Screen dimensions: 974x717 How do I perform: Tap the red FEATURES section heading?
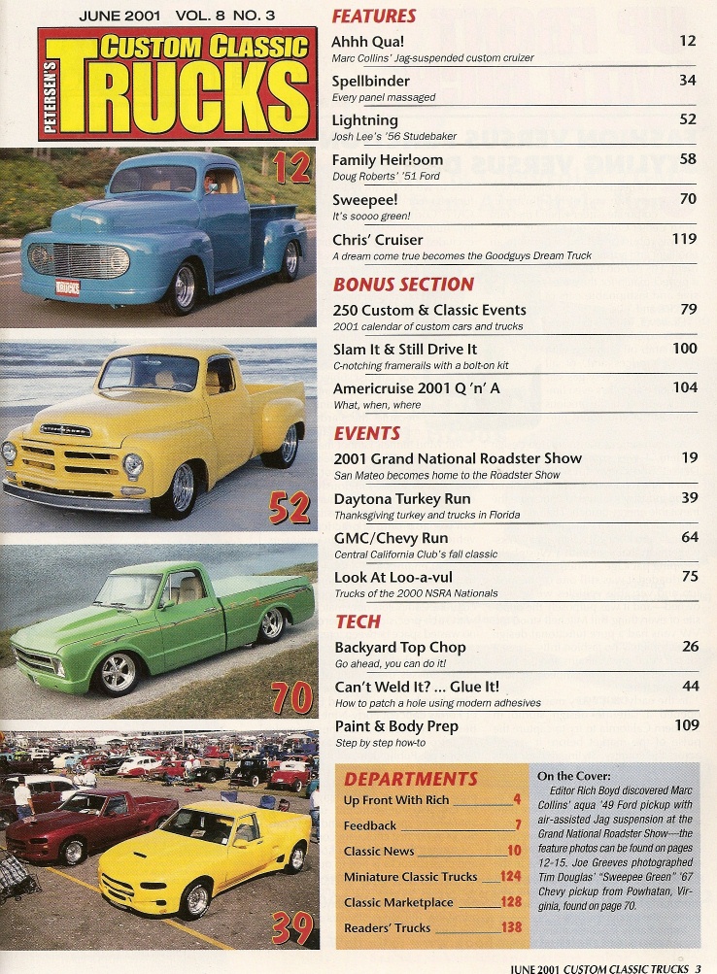(374, 17)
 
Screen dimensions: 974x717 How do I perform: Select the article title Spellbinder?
(371, 81)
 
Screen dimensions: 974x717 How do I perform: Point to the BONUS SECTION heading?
(403, 285)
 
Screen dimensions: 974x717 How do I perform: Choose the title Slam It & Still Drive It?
(405, 349)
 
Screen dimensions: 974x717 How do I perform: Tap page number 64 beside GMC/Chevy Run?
(688, 537)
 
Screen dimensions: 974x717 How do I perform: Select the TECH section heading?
(358, 621)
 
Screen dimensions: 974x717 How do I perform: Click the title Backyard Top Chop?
(400, 647)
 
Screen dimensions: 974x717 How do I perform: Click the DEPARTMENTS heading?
(410, 779)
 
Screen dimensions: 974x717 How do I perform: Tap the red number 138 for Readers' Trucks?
(511, 927)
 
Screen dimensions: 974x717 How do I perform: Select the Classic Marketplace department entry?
(398, 902)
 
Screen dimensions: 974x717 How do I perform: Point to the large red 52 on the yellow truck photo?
(289, 505)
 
